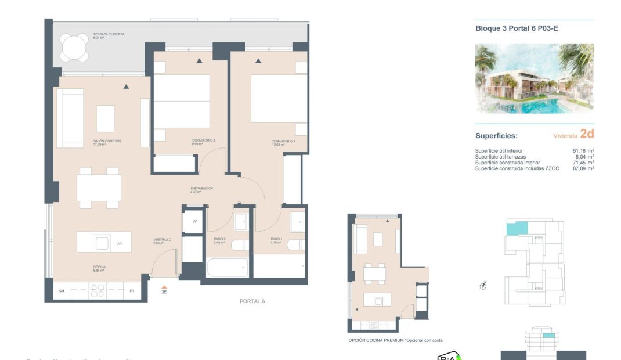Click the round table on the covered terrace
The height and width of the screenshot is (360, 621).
click(75, 48)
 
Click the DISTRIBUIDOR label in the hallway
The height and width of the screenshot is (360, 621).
click(202, 189)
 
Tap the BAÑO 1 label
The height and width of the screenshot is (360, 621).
click(276, 239)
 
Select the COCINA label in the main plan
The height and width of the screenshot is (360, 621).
click(99, 268)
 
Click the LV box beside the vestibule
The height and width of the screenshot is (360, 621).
click(194, 221)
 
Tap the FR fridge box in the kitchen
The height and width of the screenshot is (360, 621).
click(132, 291)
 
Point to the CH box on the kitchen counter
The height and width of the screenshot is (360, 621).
click(62, 291)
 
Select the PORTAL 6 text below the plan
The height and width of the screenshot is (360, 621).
click(252, 301)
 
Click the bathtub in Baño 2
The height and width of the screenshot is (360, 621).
click(227, 268)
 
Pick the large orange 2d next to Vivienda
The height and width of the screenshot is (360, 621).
click(587, 134)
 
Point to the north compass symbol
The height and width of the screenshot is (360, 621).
click(483, 285)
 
